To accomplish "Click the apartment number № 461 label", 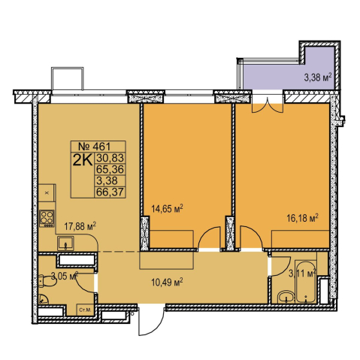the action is coord(95,146).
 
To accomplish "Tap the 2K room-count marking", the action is coord(83,160).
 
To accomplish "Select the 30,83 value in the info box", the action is coord(110,158).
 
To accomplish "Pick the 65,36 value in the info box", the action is coord(110,169).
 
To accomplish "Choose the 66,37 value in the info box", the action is coord(110,192).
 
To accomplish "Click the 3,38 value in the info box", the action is coord(107,180).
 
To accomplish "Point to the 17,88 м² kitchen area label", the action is coord(80,228).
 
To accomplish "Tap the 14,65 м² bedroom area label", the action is coord(167,209).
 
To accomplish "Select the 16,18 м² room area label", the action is coord(302,218).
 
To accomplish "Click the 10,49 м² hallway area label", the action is coord(167,283).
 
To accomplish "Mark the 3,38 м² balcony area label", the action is coord(318,77).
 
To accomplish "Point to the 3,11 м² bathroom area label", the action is coord(302,274).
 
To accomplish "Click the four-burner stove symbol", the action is coord(47,219).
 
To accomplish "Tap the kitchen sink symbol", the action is coord(65,244).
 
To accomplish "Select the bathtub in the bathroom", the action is coord(305,282).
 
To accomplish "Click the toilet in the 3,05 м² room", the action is coord(47,282).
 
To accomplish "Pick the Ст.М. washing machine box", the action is coord(85,310).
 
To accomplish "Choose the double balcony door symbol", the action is coord(268,105).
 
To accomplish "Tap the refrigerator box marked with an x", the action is coord(47,192).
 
